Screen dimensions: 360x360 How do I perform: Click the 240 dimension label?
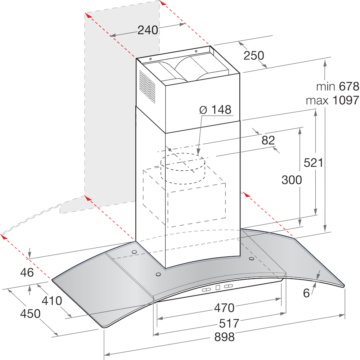tap(148, 31)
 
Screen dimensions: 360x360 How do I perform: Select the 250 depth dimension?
tap(254, 55)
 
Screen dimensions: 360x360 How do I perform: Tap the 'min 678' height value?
tap(338, 86)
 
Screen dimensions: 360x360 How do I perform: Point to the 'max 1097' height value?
tap(332, 100)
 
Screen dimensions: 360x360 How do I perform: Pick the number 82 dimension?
tap(268, 140)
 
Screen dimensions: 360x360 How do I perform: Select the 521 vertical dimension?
tap(312, 163)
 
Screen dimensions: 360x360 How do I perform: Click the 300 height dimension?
tap(292, 180)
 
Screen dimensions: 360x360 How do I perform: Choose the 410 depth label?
tap(51, 300)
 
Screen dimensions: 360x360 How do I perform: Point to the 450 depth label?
tap(30, 314)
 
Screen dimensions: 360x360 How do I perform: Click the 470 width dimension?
tap(224, 308)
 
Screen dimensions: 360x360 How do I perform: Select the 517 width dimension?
tap(224, 323)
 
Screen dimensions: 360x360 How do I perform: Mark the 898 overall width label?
tap(224, 337)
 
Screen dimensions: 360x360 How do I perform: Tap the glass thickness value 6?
tap(306, 293)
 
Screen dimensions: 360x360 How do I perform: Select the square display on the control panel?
tap(217, 287)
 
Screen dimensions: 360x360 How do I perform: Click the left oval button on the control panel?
tap(206, 289)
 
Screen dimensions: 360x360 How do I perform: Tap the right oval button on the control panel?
tap(229, 286)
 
